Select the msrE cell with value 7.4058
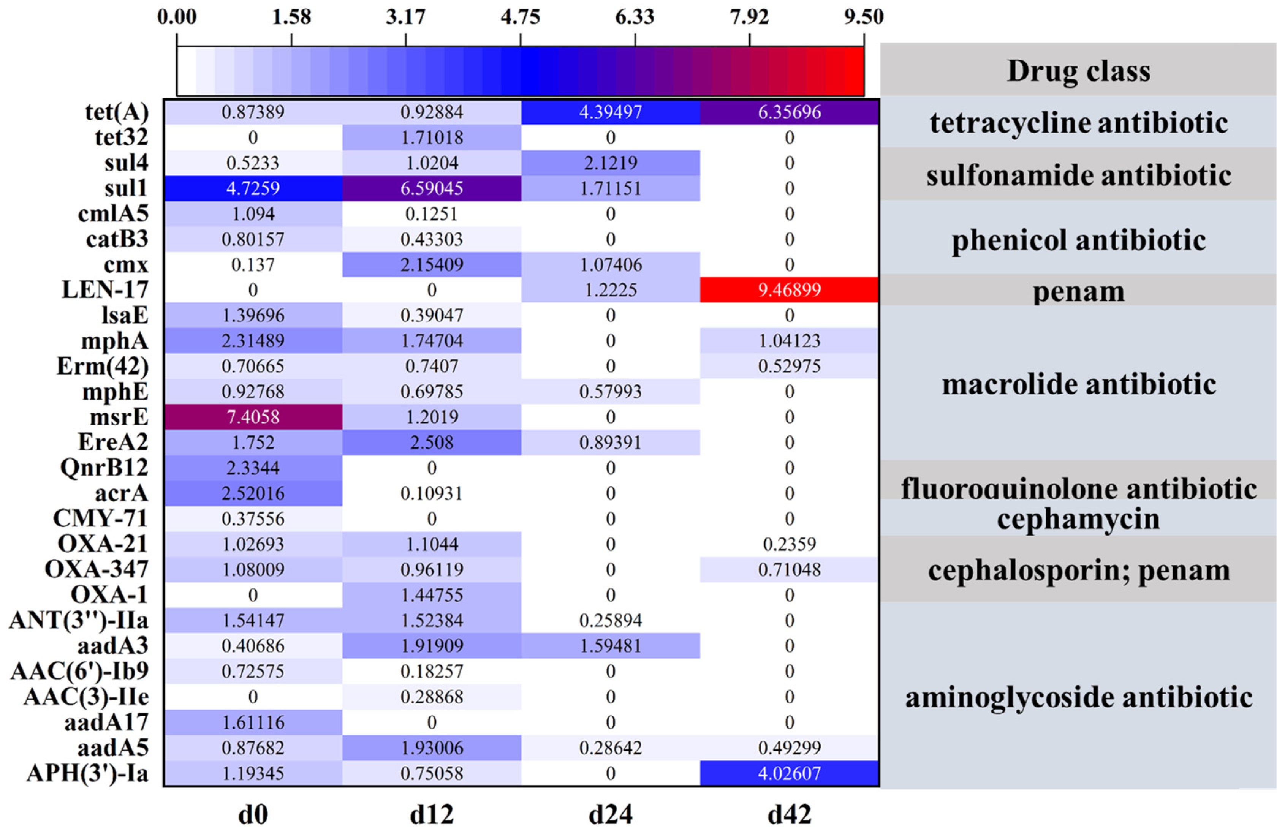[253, 417]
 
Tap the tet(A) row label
[117, 112]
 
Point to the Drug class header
[1078, 71]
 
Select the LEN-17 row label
[105, 290]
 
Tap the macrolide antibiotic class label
[1078, 384]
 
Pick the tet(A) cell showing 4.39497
[610, 112]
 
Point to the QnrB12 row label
[104, 468]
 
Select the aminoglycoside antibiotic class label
[1078, 697]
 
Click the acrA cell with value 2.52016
[253, 493]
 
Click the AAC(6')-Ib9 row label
[79, 671]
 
